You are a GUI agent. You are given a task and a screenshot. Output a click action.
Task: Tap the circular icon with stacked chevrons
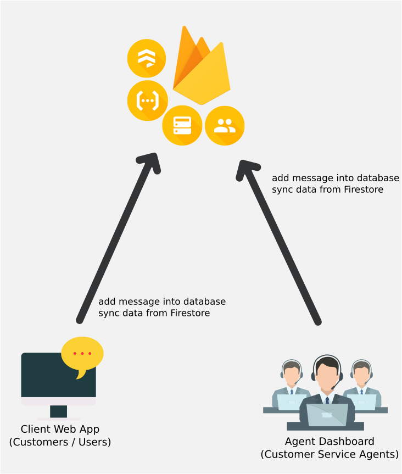[147, 58]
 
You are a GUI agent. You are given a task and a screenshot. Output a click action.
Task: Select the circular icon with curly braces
[148, 101]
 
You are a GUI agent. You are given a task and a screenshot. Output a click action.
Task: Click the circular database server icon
[182, 125]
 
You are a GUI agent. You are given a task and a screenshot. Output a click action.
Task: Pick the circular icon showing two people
[225, 126]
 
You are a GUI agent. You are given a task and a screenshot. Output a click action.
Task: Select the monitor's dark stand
[58, 411]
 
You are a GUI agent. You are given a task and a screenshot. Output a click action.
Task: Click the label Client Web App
[60, 429]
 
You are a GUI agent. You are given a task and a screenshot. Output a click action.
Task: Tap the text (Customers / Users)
[60, 442]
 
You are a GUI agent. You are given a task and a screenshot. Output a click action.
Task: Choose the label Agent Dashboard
[330, 442]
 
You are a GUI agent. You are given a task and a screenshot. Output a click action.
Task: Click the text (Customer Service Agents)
[330, 454]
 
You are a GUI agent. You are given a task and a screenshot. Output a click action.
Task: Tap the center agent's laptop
[327, 415]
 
